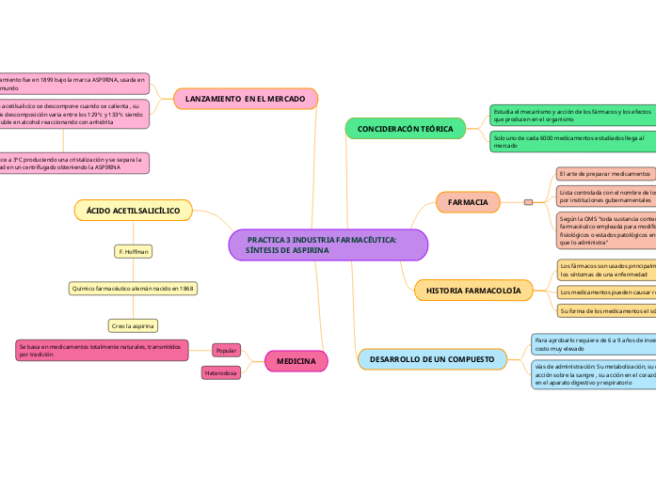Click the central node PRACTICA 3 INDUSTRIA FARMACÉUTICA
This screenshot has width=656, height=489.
328,245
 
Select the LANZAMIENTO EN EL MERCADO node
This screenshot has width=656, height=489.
246,98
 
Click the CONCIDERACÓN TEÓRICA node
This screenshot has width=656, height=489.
406,129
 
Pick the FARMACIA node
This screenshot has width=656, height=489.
468,202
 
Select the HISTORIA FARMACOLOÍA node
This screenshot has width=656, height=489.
473,291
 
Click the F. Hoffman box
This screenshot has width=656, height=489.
133,251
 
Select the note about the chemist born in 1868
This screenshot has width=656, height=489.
133,288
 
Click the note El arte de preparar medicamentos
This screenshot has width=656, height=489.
604,174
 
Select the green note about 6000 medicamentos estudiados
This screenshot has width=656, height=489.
571,141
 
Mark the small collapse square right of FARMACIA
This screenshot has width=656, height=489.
528,202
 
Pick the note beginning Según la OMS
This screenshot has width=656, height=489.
605,231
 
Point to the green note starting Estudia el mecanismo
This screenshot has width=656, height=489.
571,115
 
